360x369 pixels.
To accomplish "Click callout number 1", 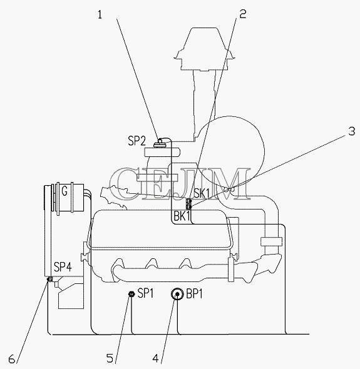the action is (100, 15).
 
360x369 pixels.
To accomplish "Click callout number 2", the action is (243, 14).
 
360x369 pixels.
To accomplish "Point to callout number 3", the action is (351, 131).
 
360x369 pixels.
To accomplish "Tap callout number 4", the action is (155, 358).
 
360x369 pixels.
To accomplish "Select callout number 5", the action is (110, 358).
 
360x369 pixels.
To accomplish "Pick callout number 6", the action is (12, 359).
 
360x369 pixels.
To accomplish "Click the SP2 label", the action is (137, 141).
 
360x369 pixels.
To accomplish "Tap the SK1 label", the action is (202, 193).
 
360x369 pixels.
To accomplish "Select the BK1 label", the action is (182, 216).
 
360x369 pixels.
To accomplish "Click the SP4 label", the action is (63, 267).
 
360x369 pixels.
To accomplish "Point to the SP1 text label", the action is (145, 293).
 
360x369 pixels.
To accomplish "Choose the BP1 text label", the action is (194, 294).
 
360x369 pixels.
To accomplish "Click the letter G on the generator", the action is (64, 191).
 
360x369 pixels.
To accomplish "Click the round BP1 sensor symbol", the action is (177, 294).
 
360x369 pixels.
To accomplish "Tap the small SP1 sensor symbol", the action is (131, 293).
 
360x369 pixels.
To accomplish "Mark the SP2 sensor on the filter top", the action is (160, 143).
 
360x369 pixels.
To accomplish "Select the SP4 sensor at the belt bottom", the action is (49, 279).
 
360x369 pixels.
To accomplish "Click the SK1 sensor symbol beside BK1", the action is (188, 204).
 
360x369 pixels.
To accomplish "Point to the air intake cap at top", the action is (205, 49).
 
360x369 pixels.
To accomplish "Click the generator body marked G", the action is (64, 197).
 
